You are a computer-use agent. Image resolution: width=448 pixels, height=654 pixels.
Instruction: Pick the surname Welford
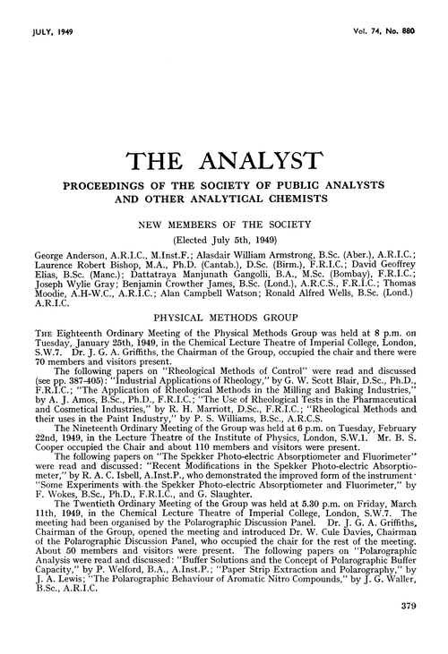(111, 580)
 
